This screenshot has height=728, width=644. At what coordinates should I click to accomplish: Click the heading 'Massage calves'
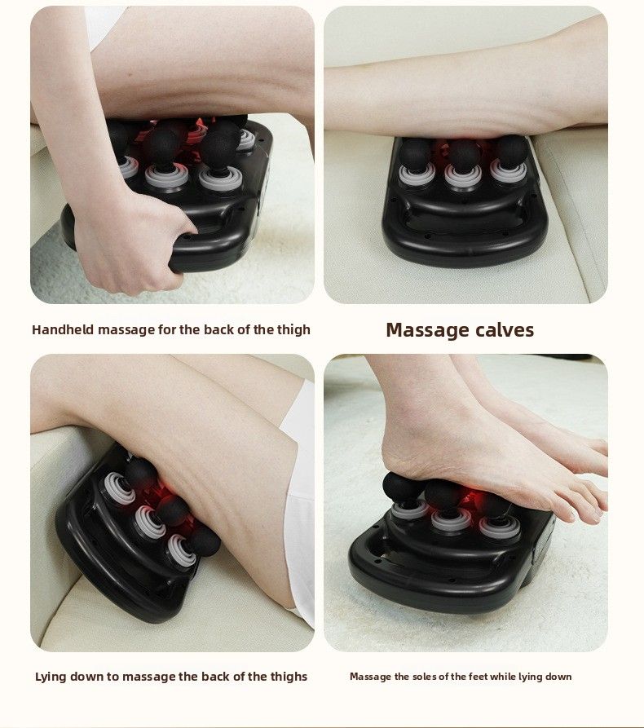[x=460, y=330]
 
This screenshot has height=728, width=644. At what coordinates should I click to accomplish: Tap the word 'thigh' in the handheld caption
[x=293, y=330]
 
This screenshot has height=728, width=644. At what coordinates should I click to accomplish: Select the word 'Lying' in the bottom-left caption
[x=51, y=677]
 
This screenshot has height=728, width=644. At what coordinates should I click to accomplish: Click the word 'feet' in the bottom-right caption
[x=484, y=677]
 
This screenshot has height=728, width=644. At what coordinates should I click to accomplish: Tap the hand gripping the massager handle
[x=130, y=236]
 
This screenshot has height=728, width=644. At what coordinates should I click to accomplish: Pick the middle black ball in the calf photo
[x=464, y=152]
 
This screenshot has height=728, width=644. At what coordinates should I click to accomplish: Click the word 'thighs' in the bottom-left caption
[x=288, y=677]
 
